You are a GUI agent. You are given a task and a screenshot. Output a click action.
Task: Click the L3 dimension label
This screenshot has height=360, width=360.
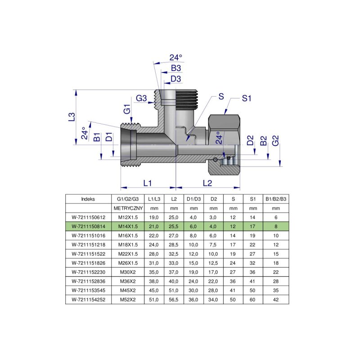coord(71,117)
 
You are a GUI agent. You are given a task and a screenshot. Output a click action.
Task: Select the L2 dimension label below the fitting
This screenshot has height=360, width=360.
coord(207,183)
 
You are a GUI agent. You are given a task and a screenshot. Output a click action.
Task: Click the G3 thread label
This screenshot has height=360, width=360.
coord(141,99)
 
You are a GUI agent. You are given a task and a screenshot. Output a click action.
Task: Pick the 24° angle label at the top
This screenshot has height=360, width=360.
coord(175,58)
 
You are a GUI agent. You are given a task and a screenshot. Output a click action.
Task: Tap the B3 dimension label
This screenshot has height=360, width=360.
coord(175,68)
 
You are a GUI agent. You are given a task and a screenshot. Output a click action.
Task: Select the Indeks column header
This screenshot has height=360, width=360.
coord(88,198)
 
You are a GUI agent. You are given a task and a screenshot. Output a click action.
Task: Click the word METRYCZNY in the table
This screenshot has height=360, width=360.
coord(128,208)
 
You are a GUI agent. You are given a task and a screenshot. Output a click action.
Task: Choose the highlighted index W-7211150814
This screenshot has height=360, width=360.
coord(88,227)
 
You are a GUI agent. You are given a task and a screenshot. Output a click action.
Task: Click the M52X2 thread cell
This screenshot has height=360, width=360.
coord(128,299)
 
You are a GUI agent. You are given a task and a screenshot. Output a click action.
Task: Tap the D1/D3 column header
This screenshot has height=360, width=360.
coord(194,198)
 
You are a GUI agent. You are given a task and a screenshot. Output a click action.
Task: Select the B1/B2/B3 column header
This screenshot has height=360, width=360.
coord(276,198)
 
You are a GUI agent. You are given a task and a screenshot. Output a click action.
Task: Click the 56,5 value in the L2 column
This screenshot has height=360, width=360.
coord(174,299)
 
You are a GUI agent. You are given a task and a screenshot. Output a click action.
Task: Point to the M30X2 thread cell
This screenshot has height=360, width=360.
coord(128,272)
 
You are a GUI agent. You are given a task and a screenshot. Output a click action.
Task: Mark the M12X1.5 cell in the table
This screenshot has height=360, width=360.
coord(128,217)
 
